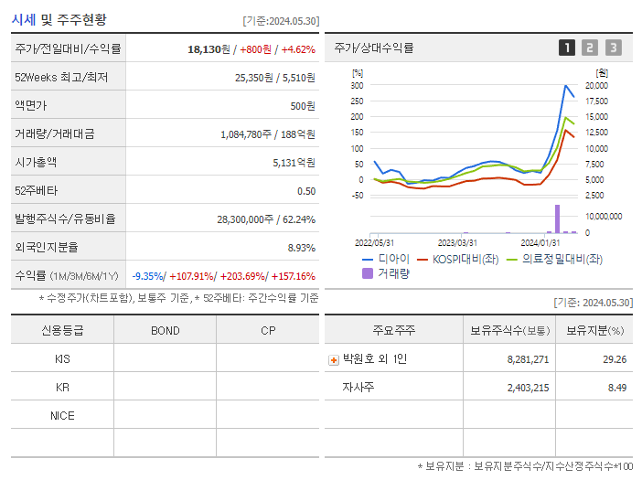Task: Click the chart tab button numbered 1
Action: point(567,48)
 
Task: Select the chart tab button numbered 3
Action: point(613,48)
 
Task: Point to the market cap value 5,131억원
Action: point(293,162)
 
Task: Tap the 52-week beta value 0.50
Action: point(306,190)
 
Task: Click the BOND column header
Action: point(165,330)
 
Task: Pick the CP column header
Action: point(267,330)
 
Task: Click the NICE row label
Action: point(62,415)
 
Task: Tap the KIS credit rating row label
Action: point(62,358)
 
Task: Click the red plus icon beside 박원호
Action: point(334,359)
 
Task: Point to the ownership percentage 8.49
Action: point(615,388)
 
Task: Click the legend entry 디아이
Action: point(389,259)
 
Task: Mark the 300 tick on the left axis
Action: point(357,85)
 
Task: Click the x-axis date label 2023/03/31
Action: point(457,242)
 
